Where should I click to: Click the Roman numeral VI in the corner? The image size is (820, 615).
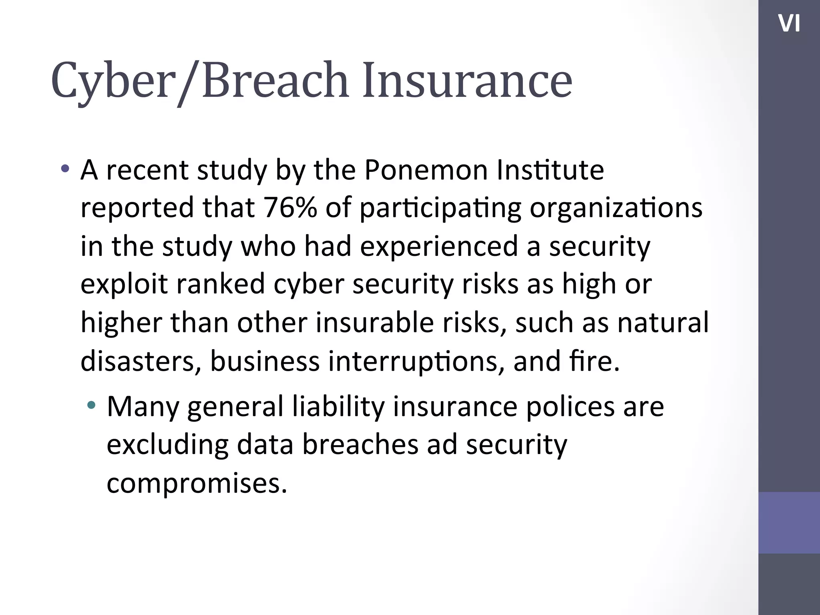point(789,24)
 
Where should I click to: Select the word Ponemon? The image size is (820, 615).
point(426,170)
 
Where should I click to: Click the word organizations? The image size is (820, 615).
point(616,208)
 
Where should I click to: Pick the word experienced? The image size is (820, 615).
point(439,246)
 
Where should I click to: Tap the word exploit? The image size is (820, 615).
point(124,283)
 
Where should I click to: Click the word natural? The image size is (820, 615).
point(663,322)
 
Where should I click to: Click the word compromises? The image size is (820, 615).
point(197,483)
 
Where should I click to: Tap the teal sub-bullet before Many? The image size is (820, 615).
point(92,405)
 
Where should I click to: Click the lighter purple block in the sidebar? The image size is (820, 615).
point(789,523)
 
